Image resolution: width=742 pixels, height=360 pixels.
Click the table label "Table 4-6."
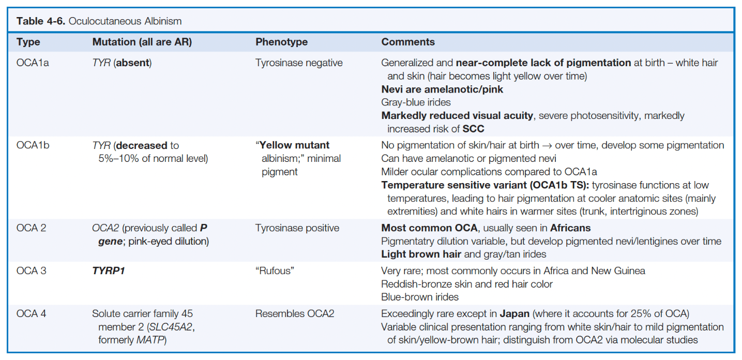tap(41, 21)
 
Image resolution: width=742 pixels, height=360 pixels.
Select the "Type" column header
tap(28, 42)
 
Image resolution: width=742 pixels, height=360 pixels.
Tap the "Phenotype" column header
tap(282, 42)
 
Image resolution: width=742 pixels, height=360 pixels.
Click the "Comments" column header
tap(408, 42)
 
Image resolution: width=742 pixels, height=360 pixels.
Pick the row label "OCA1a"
tap(33, 63)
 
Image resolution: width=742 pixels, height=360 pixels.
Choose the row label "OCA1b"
tap(33, 145)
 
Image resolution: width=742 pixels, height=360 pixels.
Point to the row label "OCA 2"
tap(31, 228)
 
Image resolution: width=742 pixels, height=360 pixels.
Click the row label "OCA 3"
tap(31, 271)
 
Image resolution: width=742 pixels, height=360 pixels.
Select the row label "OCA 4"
tap(31, 313)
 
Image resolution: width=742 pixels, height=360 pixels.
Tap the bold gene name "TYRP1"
tap(108, 271)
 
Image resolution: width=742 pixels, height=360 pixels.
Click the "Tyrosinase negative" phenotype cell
tap(299, 63)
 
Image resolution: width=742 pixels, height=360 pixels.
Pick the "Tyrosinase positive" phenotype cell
tap(297, 229)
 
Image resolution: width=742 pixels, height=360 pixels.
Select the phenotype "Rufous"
tap(275, 271)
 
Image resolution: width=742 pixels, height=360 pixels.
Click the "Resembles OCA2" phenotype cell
tap(295, 313)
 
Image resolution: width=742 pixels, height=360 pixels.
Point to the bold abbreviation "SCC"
tap(473, 129)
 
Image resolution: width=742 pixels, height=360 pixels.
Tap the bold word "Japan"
tap(514, 314)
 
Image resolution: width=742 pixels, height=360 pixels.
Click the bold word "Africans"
tap(570, 228)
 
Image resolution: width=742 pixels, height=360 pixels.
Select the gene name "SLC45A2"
tap(171, 327)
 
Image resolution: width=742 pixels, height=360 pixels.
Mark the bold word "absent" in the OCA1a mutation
tap(132, 63)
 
